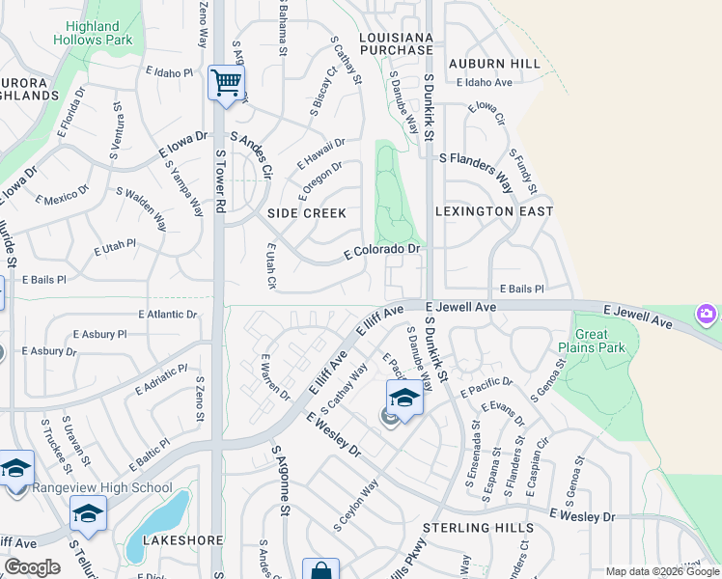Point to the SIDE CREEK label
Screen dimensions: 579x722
(307, 212)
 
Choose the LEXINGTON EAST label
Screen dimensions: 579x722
(494, 210)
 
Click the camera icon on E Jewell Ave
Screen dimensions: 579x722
(707, 315)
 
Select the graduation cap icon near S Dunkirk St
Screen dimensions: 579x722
(404, 398)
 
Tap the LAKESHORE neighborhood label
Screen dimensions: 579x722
(183, 540)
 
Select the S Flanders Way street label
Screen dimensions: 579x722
(477, 158)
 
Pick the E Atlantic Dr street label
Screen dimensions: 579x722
(168, 315)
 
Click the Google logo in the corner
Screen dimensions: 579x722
(32, 567)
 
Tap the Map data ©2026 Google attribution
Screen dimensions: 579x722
(661, 571)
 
